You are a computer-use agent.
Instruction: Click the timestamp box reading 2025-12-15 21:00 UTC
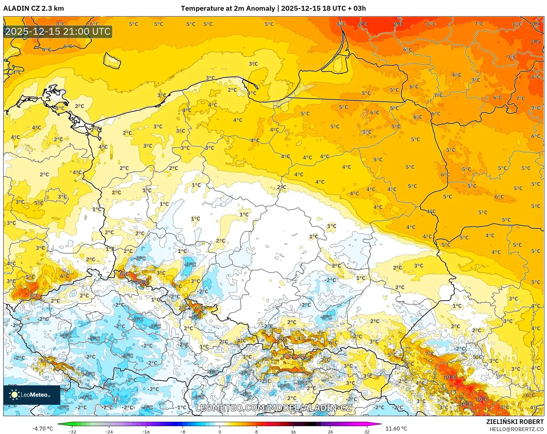(58, 31)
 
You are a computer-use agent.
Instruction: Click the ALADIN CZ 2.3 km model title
(34, 8)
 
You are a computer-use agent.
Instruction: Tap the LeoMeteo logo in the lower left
(32, 395)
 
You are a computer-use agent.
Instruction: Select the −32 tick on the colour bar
(73, 431)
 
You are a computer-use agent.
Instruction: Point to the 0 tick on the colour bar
(220, 431)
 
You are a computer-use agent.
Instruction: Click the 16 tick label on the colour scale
(293, 431)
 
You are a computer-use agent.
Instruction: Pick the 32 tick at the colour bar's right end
(367, 431)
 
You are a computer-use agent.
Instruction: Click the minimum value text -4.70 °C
(42, 428)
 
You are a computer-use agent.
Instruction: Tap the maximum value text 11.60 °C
(396, 428)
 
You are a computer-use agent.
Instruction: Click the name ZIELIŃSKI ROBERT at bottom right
(515, 422)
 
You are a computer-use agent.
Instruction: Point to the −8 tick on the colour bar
(183, 431)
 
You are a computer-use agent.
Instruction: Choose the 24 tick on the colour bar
(330, 431)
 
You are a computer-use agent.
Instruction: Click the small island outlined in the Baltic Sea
(112, 61)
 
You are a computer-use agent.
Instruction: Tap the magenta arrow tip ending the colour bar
(379, 424)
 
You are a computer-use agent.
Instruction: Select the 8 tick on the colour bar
(256, 431)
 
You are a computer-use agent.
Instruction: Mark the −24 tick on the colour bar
(109, 431)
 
